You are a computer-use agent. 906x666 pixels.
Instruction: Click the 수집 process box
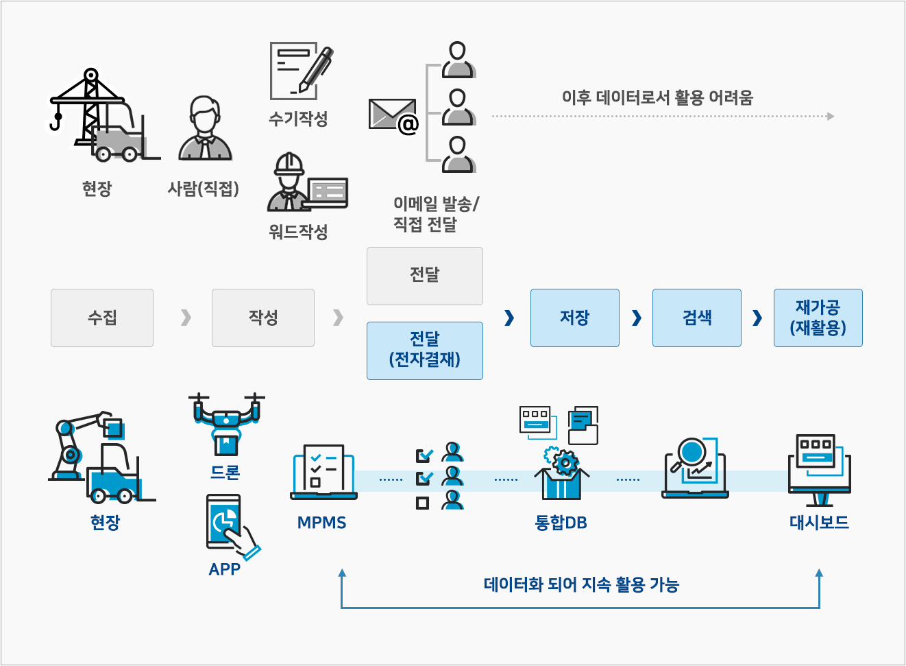coord(102,318)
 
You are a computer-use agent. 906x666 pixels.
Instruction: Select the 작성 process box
coord(263,318)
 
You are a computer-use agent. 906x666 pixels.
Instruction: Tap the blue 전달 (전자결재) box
coord(425,350)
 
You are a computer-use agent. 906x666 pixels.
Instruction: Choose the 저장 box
coord(574,318)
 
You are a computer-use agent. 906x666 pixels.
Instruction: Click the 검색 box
coord(696,318)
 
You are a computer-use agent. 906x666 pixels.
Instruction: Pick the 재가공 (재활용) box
coord(818,318)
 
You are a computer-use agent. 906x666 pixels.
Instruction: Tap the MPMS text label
coord(322,523)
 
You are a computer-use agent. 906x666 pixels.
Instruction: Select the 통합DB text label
coord(561,523)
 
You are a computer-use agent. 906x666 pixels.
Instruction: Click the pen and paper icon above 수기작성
coord(300,71)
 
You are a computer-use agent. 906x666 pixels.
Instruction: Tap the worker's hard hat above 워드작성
coord(289,164)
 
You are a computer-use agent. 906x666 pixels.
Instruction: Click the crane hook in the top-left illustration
coord(56,122)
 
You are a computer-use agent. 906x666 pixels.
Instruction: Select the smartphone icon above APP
coord(224,521)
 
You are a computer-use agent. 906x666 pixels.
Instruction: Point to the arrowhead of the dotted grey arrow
coord(831,116)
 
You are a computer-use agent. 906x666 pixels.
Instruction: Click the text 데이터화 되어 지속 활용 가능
coord(581,584)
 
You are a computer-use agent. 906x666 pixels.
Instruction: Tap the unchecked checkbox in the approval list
coord(423,503)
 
